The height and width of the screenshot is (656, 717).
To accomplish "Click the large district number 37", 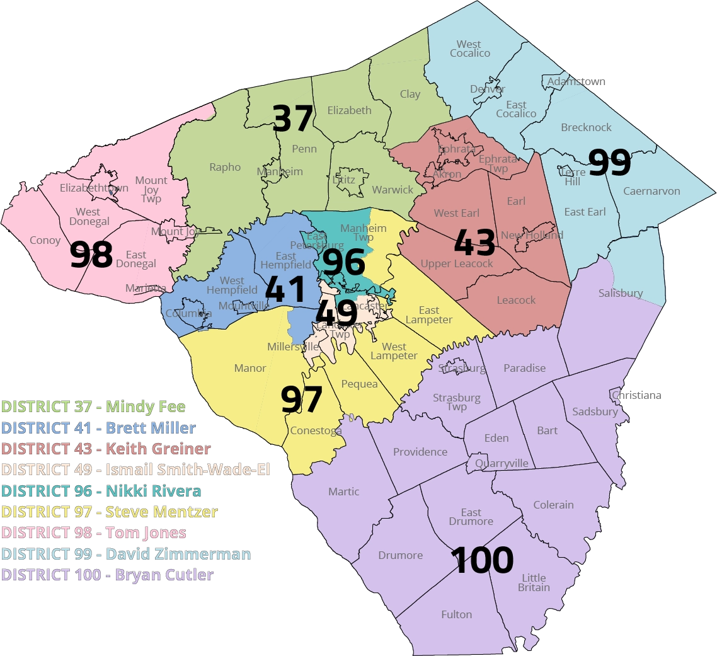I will pos(293,118).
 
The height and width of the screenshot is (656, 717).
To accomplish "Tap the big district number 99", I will pos(609,163).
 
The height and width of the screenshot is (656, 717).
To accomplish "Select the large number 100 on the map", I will pos(482,560).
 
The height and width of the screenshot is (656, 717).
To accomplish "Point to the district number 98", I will pos(91,255).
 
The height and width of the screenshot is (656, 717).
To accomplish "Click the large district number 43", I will pos(474,243).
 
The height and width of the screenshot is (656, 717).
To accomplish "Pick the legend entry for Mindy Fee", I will pos(93,406).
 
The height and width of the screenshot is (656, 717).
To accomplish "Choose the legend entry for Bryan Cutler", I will pos(108,575).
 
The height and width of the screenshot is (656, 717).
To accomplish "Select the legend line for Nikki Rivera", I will pos(101,491).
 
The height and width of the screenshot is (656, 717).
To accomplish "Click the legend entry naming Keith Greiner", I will pos(106,449).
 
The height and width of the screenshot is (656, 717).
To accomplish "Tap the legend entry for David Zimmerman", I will pos(126,554).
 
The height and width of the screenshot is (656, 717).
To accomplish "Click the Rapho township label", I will pos(225,167).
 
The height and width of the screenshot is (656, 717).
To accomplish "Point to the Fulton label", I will pos(456,614).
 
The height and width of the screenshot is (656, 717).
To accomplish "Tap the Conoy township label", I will pos(45,240).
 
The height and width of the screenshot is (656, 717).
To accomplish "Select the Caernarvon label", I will pos(651,191).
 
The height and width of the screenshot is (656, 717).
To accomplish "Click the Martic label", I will pos(343,492).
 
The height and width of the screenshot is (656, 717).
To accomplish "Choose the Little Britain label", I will pos(534,583).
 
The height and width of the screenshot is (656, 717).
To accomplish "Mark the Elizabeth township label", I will pos(349,110).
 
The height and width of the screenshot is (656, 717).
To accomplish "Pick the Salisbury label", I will pos(621,293).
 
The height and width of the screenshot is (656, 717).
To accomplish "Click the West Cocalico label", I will pos(469,49).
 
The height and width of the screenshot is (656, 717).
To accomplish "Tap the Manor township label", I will pos(250,368).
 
